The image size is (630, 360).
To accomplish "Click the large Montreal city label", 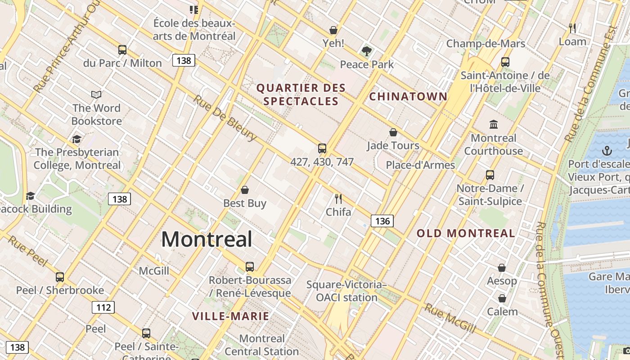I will (x=207, y=239).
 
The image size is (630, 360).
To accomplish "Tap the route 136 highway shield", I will (x=382, y=220).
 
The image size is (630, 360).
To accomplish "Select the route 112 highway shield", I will (x=103, y=307).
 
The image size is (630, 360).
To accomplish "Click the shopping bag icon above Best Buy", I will (x=245, y=190).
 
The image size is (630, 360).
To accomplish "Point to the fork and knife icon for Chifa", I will (x=338, y=198).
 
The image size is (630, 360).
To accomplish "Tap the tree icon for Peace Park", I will (x=367, y=51).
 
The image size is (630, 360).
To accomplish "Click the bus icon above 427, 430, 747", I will (x=322, y=148).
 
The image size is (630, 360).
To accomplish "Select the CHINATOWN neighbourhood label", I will (x=408, y=96).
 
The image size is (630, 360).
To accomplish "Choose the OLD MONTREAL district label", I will (x=466, y=233).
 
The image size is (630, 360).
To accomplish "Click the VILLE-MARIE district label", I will (x=230, y=316).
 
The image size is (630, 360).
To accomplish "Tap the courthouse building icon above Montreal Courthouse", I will (x=494, y=124).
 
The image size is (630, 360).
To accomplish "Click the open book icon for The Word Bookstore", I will (x=96, y=94).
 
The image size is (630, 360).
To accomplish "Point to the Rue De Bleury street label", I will (x=225, y=118).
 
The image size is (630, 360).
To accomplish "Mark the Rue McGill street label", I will (x=450, y=319).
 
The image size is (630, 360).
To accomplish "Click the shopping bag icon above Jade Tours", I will (x=393, y=132).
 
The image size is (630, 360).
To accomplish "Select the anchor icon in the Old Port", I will (x=607, y=150).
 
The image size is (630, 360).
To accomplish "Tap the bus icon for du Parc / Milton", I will (x=122, y=50).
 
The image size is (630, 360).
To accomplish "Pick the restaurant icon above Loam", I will (x=572, y=28).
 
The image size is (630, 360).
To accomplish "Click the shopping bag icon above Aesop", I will (x=502, y=268).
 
